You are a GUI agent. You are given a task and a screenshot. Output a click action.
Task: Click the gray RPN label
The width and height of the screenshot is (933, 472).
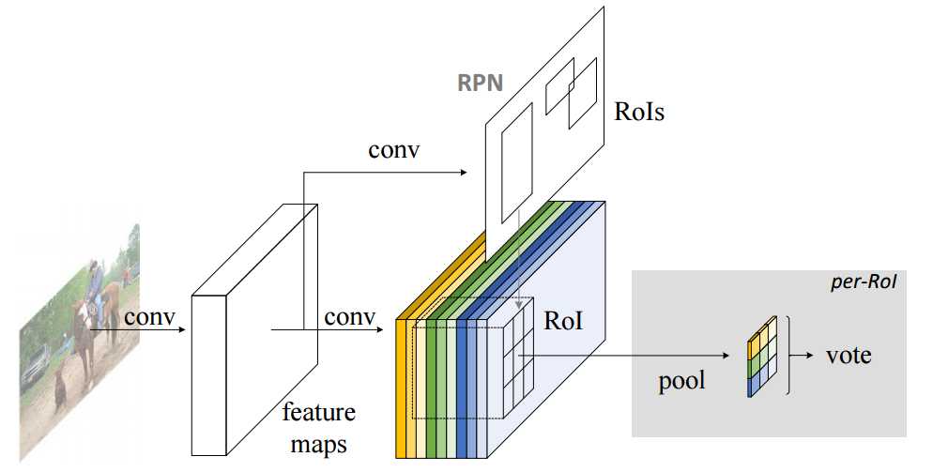click(480, 83)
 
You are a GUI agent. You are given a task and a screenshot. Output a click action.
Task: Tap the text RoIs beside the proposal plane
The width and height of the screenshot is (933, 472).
click(643, 113)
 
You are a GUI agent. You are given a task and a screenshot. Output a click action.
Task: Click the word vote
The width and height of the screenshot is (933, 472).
click(849, 356)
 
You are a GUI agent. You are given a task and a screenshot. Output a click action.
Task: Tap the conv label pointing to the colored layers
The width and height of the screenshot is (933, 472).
click(350, 317)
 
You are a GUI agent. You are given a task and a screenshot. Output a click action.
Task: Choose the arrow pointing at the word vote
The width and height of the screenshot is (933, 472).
click(803, 357)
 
